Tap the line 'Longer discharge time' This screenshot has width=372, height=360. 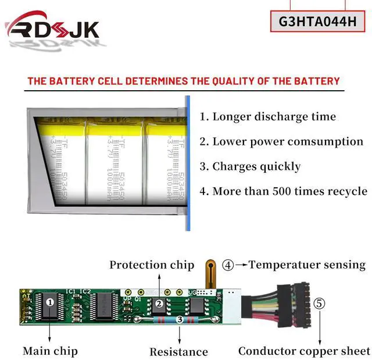(x=268, y=116)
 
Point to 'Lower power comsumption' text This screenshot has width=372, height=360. (x=281, y=141)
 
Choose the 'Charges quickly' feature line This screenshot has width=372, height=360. (x=250, y=166)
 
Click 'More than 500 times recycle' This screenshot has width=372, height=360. (x=283, y=191)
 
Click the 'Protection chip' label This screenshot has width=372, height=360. (x=152, y=265)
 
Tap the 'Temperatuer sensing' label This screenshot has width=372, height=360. (x=307, y=265)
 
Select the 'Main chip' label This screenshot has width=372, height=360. (x=50, y=351)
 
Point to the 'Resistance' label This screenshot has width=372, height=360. (x=178, y=351)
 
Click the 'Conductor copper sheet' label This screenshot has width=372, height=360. (x=304, y=351)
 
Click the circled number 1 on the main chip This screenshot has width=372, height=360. (x=50, y=302)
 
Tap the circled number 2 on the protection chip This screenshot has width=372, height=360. (x=158, y=303)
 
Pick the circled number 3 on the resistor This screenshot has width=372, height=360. (x=179, y=319)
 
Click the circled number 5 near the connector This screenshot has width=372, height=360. (x=320, y=303)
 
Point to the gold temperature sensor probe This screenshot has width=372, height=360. (x=208, y=274)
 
